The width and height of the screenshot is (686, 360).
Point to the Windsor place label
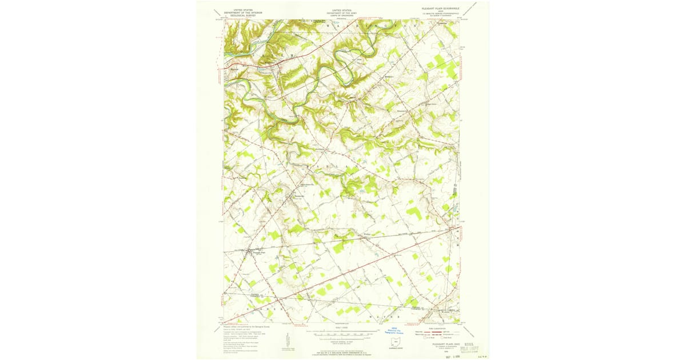[x=361, y=235]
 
